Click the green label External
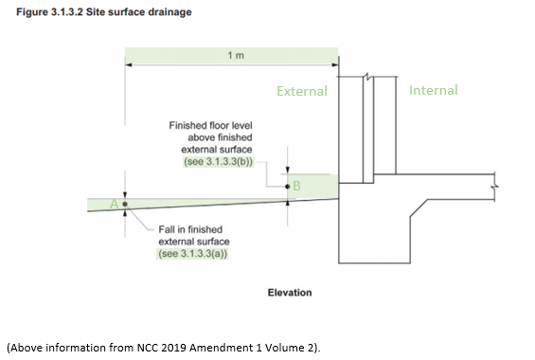pyautogui.click(x=301, y=92)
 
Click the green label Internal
pyautogui.click(x=433, y=90)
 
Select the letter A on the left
pyautogui.click(x=115, y=203)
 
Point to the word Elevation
pyautogui.click(x=290, y=293)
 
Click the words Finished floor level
pyautogui.click(x=210, y=125)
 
